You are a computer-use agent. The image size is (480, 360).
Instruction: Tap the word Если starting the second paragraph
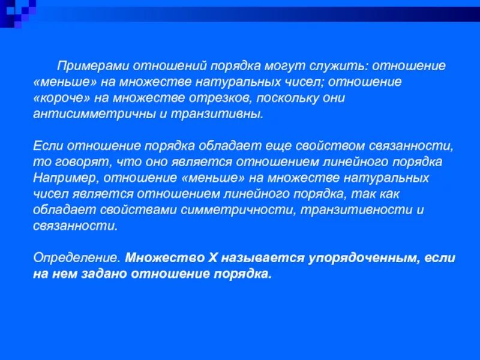[x=46, y=146]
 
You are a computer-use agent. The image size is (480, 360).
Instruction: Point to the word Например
[x=62, y=178]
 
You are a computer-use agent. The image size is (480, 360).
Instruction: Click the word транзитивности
[x=346, y=210]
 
